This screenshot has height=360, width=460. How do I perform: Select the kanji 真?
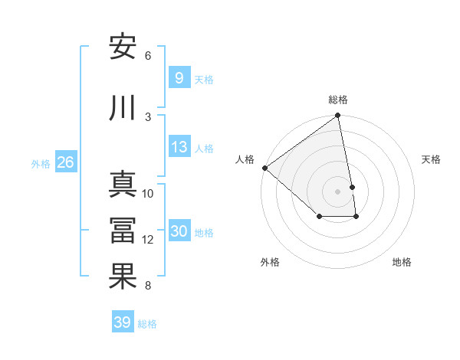[123, 185]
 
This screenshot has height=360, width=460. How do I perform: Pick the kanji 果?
[123, 277]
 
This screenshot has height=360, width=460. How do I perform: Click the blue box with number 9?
[179, 78]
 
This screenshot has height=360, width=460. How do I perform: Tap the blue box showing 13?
[179, 148]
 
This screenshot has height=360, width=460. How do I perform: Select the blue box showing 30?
[179, 232]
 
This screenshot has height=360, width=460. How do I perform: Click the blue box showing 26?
[65, 162]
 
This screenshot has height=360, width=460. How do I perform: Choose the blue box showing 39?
[122, 322]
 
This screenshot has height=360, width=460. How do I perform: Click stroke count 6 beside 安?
[148, 56]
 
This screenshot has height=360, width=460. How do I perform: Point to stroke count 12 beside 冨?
[148, 240]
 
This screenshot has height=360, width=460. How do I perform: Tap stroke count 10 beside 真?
[148, 194]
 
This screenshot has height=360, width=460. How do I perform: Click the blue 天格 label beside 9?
[204, 79]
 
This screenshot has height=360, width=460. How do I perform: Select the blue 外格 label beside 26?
[41, 163]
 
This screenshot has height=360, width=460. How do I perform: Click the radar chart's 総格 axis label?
[338, 100]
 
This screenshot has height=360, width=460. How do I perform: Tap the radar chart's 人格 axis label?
[245, 159]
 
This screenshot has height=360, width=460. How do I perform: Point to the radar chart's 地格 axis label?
[402, 262]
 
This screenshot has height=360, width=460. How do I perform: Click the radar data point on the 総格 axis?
[338, 116]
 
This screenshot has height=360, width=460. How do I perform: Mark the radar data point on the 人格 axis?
[264, 168]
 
